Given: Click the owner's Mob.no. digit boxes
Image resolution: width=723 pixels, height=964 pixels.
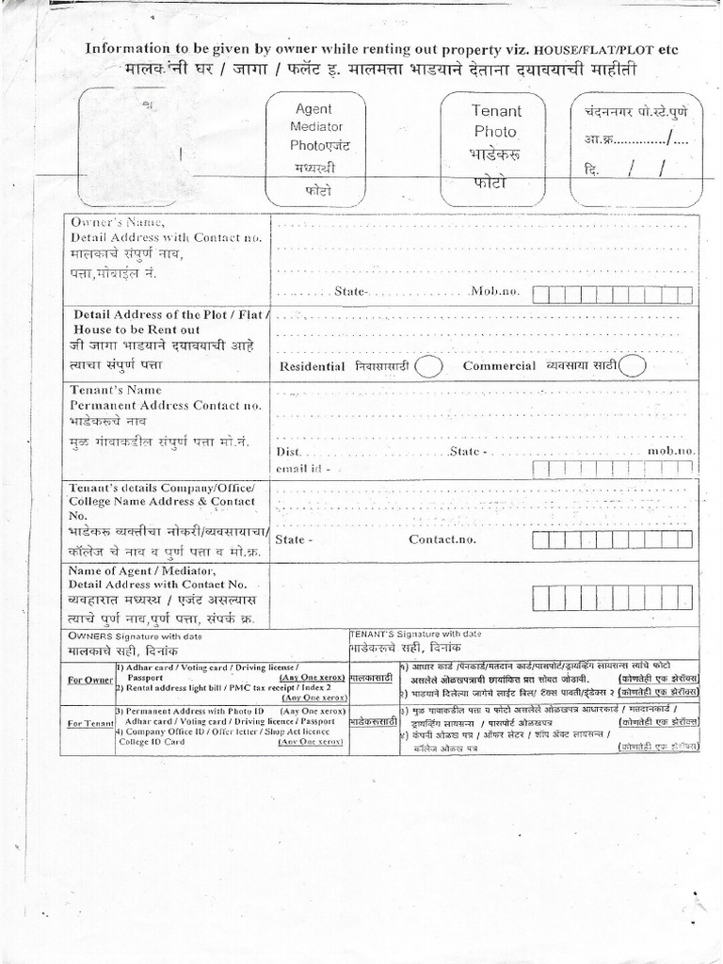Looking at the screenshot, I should coord(612,295).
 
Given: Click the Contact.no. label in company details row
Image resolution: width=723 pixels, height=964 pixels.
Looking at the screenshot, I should coord(442,539).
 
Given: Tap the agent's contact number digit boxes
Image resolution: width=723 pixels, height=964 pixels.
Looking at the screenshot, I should coord(612,599).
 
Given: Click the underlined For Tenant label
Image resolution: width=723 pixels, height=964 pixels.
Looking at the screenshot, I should coord(89,724).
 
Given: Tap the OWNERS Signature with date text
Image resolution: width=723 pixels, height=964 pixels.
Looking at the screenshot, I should coord(135,637).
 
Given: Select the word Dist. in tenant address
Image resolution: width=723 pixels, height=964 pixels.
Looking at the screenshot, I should coord(288,452).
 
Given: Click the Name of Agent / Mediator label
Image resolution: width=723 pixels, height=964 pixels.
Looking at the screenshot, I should coord(142,570).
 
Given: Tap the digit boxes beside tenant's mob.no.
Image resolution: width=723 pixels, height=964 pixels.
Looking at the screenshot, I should coord(612,469).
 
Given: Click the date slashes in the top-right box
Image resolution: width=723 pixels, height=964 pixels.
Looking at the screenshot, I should coord(649,169).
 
